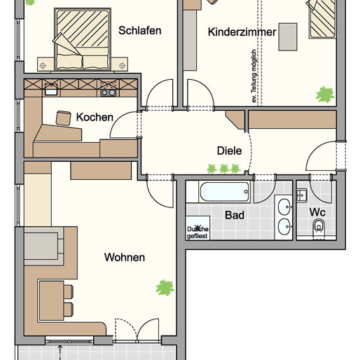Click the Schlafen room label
point(140,30)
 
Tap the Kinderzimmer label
point(242,32)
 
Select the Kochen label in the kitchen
point(95,117)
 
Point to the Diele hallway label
point(230,150)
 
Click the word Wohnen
point(125,258)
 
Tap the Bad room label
point(235,215)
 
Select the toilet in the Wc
point(319,226)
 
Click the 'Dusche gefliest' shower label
point(198,232)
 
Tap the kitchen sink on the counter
point(50,90)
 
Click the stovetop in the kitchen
point(107,89)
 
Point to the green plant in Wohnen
point(165,286)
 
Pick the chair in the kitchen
point(64,117)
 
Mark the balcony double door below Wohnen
point(138,335)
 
